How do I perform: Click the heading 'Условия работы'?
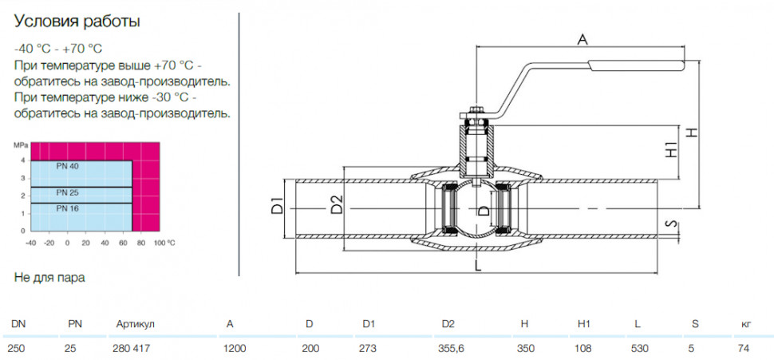pos(77,22)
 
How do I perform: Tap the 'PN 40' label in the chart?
pos(67,166)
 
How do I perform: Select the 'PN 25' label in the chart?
pos(67,192)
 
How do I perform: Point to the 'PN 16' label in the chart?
pos(67,208)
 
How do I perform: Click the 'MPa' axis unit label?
pos(20,145)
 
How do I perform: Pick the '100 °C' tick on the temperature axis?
pos(164,243)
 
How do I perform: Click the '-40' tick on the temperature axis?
pos(30,243)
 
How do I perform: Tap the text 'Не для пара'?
pos(49,278)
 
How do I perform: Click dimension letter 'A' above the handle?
pos(582,39)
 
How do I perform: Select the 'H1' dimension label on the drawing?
pos(671,149)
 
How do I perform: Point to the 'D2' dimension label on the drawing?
pos(337,204)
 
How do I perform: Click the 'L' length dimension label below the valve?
pos(477,266)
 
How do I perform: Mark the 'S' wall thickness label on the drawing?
pos(670,224)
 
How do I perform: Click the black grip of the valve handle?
pos(636,65)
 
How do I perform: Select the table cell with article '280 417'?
pos(132,349)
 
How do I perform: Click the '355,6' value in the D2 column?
pos(451,349)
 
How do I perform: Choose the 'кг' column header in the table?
pos(746,324)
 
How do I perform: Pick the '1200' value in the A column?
pos(235,349)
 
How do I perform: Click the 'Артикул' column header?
pos(136,324)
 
